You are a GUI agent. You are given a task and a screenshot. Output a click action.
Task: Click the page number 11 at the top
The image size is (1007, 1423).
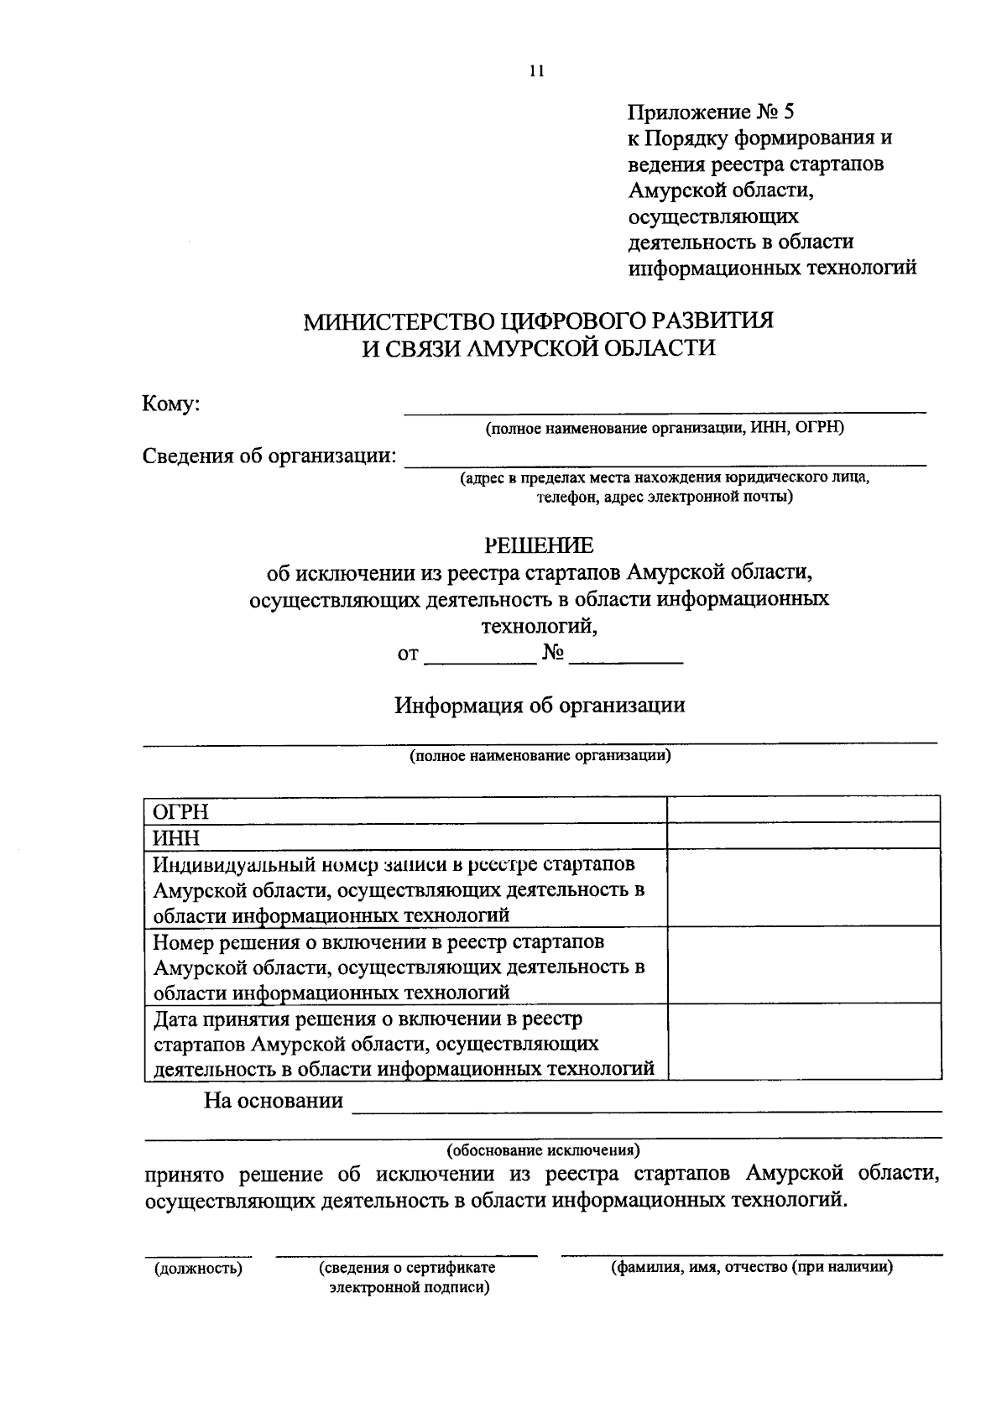(x=537, y=71)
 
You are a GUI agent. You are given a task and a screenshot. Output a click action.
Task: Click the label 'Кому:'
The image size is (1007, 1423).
(x=171, y=404)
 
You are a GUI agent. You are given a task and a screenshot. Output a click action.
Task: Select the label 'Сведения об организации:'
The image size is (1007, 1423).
(x=269, y=456)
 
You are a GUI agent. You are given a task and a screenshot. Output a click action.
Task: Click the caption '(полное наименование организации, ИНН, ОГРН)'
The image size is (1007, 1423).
(x=665, y=428)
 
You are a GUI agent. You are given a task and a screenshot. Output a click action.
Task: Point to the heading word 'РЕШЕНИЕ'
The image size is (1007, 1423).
(x=539, y=546)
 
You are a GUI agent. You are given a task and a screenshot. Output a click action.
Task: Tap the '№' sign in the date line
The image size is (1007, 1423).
(x=552, y=654)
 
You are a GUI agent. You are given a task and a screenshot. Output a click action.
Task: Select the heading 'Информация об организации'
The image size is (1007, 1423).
(x=540, y=705)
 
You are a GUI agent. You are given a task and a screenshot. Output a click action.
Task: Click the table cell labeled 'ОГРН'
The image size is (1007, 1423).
(x=404, y=811)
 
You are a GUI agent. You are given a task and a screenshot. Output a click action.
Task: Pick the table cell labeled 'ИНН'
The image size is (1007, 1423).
(x=404, y=837)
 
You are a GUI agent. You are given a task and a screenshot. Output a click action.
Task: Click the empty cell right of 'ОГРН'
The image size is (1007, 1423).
(x=802, y=810)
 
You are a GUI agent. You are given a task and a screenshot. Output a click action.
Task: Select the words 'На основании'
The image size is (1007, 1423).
(x=274, y=1100)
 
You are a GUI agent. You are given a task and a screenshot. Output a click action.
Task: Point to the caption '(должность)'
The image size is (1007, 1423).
(x=198, y=1269)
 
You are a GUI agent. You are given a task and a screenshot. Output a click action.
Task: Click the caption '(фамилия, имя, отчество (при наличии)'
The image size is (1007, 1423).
(x=751, y=1267)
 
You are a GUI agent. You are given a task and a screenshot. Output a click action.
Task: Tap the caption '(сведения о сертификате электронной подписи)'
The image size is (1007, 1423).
(x=408, y=1277)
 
